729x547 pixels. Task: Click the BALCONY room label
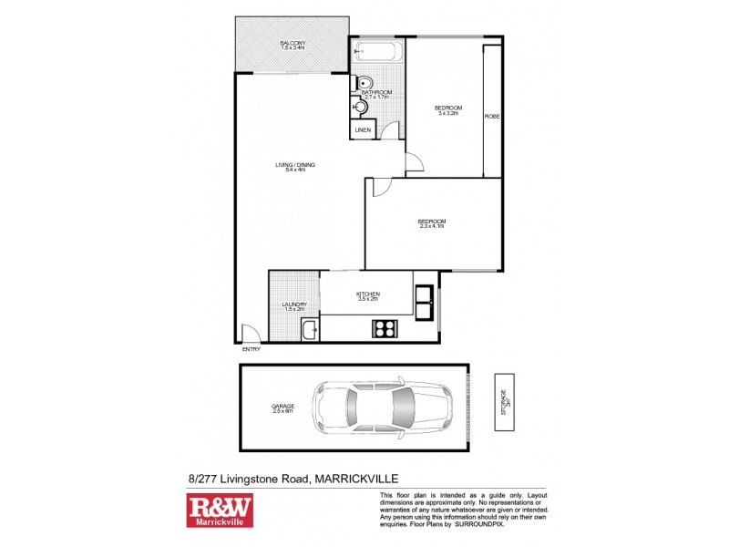(293, 43)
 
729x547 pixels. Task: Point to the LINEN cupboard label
(363, 130)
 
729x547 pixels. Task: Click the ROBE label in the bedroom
(492, 117)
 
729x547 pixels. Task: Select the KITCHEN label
(367, 294)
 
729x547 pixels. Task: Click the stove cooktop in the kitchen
(383, 327)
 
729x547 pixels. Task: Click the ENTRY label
(251, 349)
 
